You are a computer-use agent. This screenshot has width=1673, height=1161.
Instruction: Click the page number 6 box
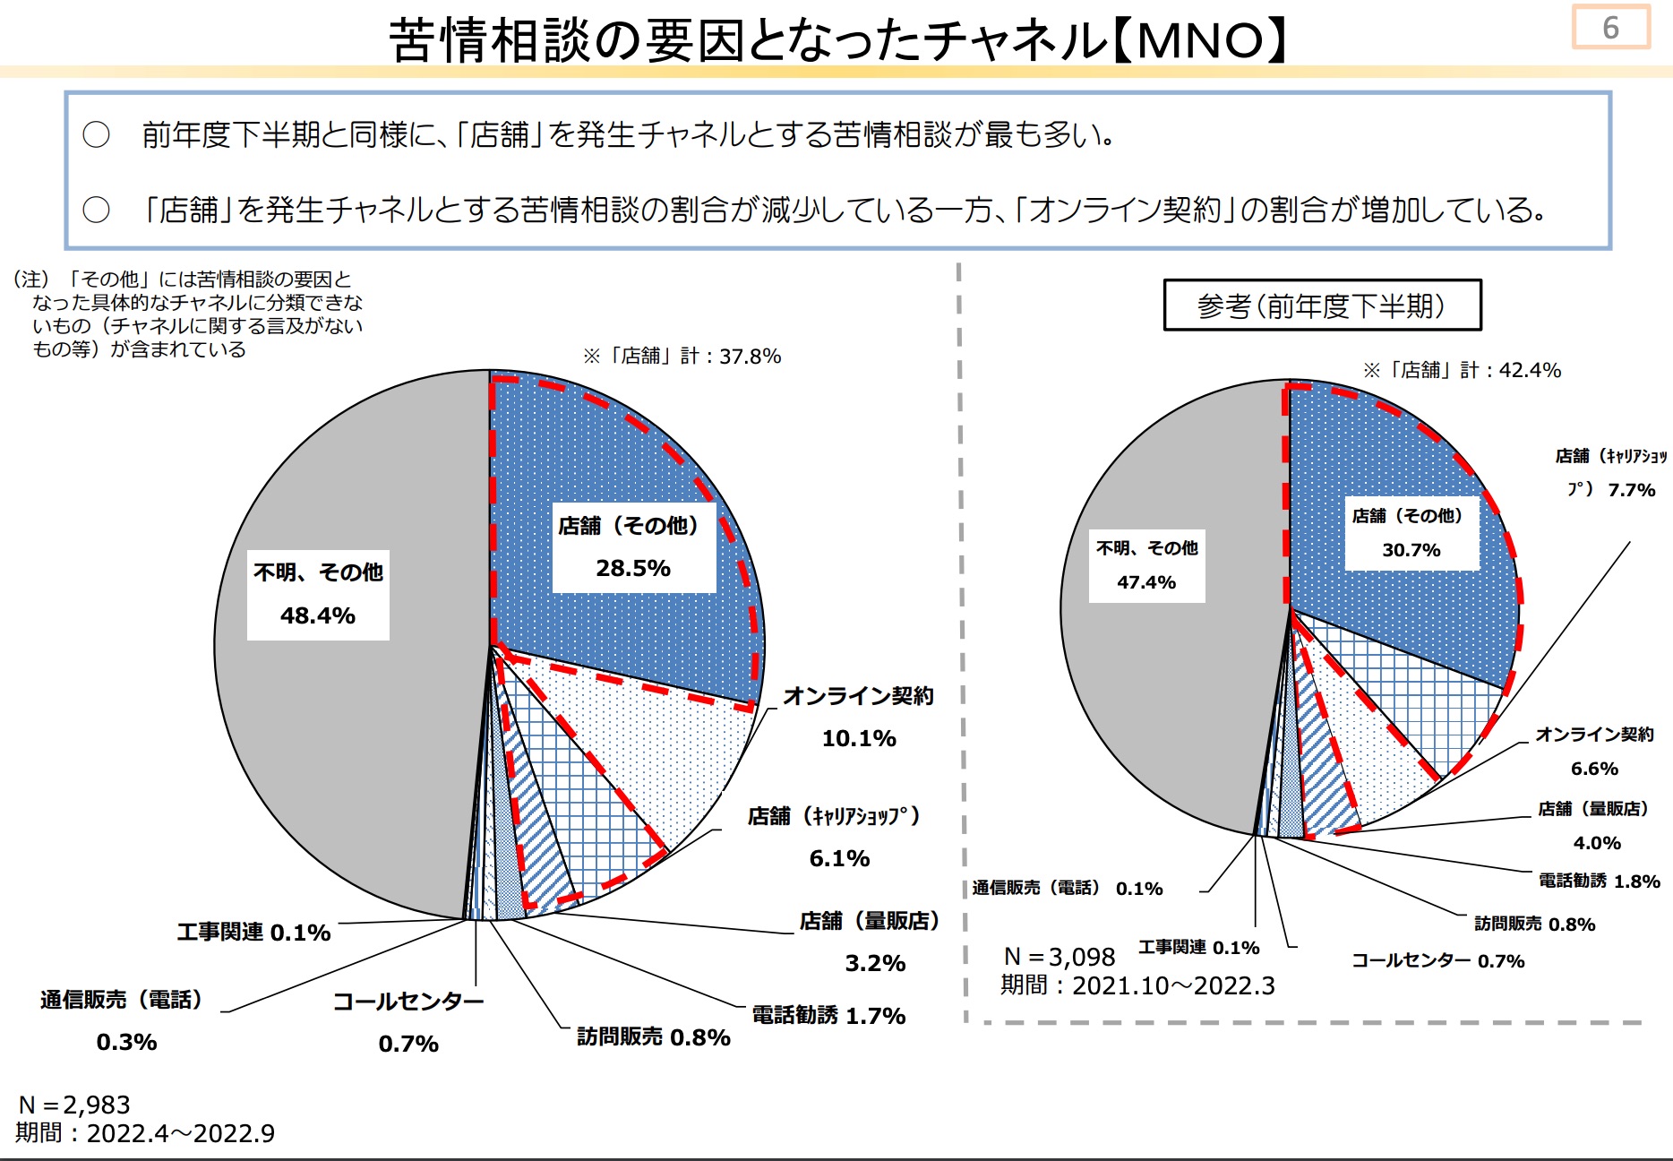point(1609,28)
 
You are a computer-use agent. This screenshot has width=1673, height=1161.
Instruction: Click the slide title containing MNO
point(836,40)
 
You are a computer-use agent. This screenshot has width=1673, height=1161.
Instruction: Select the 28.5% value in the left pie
point(633,568)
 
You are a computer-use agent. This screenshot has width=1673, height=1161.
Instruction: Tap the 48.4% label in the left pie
point(318,615)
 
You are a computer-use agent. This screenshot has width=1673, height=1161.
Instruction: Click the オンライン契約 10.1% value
point(859,738)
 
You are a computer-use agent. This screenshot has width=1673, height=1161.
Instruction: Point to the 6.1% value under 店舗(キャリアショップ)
point(839,858)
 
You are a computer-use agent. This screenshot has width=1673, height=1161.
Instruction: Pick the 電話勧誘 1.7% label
point(828,1015)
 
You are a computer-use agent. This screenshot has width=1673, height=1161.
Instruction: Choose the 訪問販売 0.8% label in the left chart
point(654,1036)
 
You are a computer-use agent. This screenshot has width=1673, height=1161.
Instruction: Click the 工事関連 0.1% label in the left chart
point(253,933)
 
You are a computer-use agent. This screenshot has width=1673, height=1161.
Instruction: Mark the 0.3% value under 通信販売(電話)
point(126,1042)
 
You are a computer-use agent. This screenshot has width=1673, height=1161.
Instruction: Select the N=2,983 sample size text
point(74,1105)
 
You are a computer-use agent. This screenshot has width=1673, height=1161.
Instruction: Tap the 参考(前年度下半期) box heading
point(1321,306)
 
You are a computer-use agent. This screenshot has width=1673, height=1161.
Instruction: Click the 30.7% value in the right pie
point(1411,550)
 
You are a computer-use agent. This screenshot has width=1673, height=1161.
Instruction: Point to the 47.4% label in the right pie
point(1146,582)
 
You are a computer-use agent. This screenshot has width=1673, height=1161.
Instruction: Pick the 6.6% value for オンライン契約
point(1594,769)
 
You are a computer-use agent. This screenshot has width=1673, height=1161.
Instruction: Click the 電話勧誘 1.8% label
point(1599,881)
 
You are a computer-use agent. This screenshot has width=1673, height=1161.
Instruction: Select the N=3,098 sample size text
point(1060,957)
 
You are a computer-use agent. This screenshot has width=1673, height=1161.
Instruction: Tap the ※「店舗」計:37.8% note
point(682,357)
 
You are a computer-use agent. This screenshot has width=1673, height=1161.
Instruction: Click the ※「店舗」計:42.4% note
point(1462,370)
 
